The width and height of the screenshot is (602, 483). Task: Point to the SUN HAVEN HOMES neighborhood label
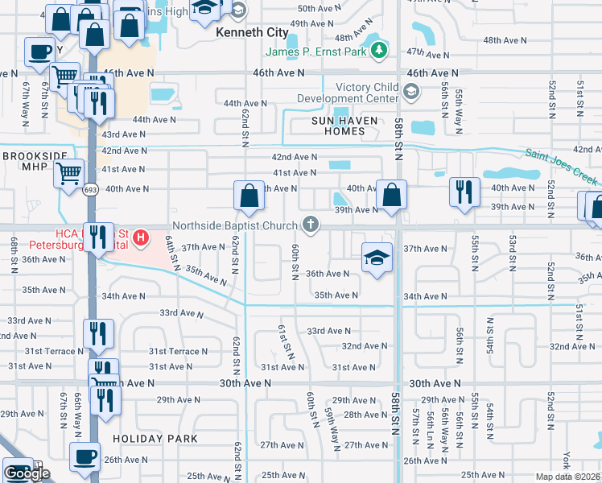click(345, 121)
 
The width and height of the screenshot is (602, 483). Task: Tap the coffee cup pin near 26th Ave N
click(85, 456)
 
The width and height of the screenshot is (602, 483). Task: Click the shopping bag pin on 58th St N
click(391, 196)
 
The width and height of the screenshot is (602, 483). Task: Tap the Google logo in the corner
click(27, 473)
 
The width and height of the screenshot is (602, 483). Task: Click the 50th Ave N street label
click(315, 7)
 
